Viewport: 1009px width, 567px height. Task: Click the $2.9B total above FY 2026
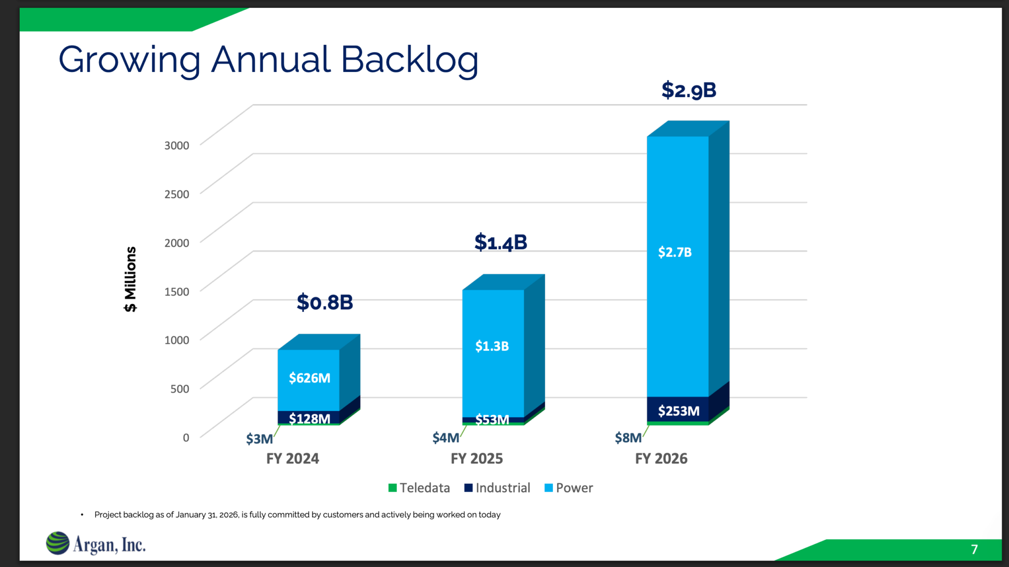pos(689,90)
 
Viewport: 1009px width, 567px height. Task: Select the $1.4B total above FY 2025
pos(501,242)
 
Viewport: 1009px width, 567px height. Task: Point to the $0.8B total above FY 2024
pos(325,302)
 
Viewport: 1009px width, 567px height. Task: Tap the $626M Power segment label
pos(309,378)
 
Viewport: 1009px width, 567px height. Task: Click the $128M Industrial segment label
pos(309,419)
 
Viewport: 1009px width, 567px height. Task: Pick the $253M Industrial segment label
pos(678,411)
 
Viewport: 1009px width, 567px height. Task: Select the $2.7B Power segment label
pos(675,252)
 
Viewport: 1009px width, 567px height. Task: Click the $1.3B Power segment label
pos(492,346)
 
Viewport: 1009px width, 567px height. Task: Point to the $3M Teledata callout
pos(259,438)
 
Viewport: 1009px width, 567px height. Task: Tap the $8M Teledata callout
pos(628,437)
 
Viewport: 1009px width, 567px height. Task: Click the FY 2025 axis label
pos(476,459)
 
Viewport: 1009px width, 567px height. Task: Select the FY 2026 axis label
pos(661,459)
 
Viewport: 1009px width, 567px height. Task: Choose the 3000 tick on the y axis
pos(176,145)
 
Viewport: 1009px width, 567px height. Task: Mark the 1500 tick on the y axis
pos(176,292)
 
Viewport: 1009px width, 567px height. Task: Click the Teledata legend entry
pos(419,488)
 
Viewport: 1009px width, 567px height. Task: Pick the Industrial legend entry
pos(498,488)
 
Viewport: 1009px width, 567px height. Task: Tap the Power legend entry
pos(569,488)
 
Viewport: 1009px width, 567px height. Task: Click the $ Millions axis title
pos(130,279)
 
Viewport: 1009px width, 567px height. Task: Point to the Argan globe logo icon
pos(58,543)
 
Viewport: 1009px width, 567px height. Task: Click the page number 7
pos(974,549)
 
